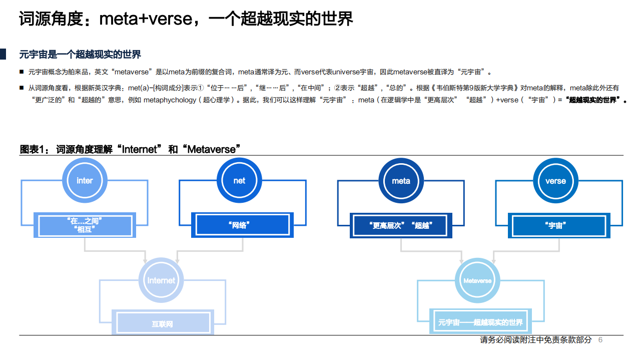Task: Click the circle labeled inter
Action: click(x=85, y=181)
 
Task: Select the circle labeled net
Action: click(x=239, y=181)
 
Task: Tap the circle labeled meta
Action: click(x=401, y=181)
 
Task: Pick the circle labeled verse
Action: click(x=555, y=181)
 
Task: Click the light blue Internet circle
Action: click(x=161, y=280)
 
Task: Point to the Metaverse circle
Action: click(x=477, y=280)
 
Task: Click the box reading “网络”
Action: click(x=242, y=225)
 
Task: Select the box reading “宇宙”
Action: click(x=558, y=225)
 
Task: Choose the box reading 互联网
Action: click(x=163, y=323)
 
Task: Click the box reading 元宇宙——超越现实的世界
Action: click(x=480, y=322)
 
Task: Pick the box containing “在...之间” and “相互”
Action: click(x=84, y=225)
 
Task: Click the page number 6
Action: click(x=600, y=340)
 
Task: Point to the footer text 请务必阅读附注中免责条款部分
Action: click(x=535, y=340)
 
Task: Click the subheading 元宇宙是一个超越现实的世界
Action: click(x=80, y=54)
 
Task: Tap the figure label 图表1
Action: click(x=34, y=149)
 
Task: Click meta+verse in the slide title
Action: click(x=146, y=19)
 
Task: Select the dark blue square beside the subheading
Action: click(x=3, y=54)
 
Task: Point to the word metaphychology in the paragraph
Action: click(x=170, y=100)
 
